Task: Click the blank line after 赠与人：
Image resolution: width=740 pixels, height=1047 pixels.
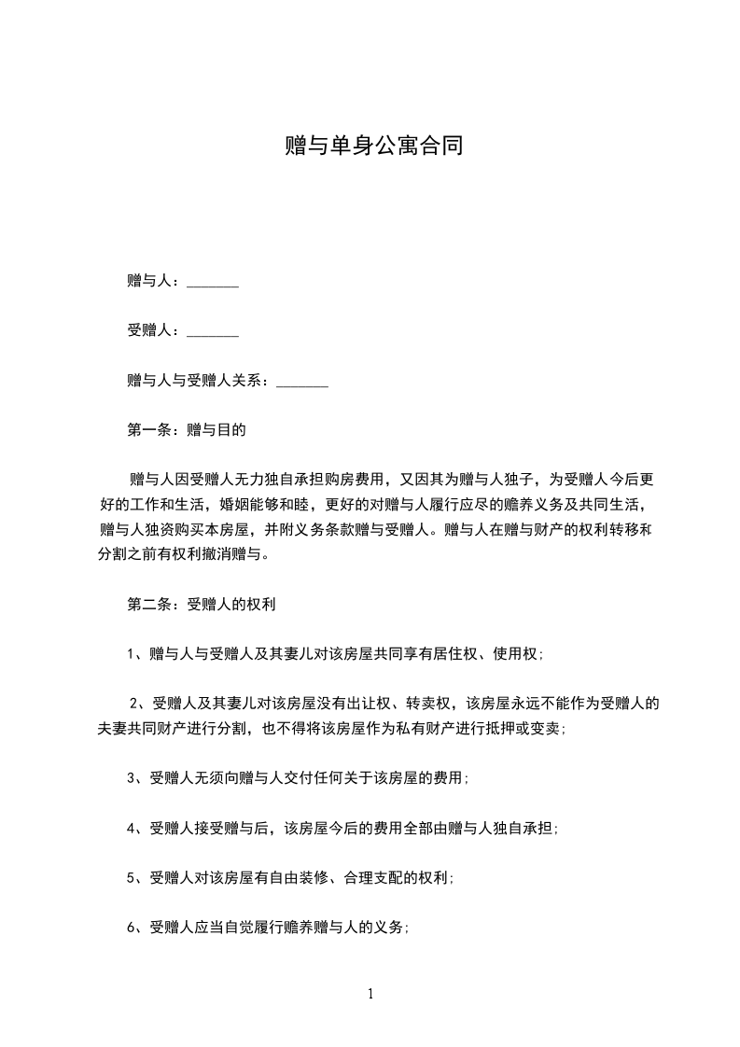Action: click(213, 283)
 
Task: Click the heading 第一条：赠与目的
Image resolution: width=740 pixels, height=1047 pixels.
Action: click(186, 430)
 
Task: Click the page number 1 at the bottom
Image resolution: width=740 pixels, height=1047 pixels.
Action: click(370, 994)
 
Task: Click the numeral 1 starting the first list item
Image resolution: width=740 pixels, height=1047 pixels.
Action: click(131, 654)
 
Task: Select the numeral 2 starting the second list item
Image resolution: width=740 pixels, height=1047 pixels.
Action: click(133, 703)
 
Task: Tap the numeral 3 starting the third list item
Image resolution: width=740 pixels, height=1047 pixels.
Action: click(131, 777)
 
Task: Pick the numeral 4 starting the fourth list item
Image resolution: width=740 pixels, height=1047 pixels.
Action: click(131, 828)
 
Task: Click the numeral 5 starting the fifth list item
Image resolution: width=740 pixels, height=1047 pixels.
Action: click(131, 878)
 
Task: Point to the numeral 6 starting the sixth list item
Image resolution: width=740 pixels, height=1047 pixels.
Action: click(131, 928)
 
